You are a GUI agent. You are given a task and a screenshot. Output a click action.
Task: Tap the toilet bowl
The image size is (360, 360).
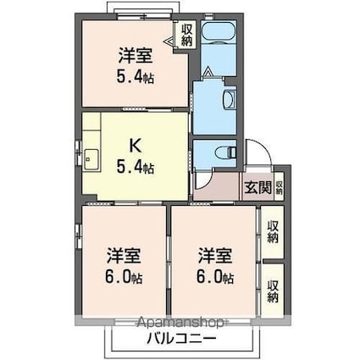click(224, 153)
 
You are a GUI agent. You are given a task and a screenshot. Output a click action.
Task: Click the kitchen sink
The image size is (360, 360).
click(91, 158)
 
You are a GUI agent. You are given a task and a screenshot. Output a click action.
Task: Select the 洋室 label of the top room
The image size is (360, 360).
click(134, 53)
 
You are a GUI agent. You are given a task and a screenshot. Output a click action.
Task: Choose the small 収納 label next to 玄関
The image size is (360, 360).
click(279, 187)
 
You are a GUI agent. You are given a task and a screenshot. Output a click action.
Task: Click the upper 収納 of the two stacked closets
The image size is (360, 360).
click(272, 230)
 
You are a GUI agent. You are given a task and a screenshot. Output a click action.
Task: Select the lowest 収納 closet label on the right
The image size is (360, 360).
click(272, 291)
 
